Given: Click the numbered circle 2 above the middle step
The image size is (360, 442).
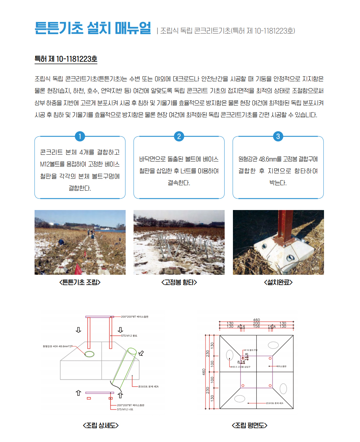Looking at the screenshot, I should [x=179, y=136].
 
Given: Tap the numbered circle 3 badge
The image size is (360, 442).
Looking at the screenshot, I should [x=278, y=136].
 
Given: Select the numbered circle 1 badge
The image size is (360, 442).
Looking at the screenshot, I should [x=80, y=136].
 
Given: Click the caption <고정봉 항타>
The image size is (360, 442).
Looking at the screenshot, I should [x=179, y=282].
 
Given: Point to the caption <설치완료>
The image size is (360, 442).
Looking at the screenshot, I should [x=278, y=282].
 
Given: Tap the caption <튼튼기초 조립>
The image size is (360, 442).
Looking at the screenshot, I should [x=80, y=282].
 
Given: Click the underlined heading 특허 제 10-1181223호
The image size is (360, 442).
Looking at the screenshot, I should [x=66, y=59].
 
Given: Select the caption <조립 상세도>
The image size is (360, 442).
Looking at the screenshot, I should [x=100, y=425].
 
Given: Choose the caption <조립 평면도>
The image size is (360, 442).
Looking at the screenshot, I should [x=249, y=425].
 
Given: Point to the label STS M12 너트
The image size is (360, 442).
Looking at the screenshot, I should [x=125, y=409].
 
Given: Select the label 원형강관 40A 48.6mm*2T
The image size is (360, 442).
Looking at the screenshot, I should [x=58, y=346].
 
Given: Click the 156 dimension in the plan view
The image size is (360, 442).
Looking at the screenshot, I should [x=256, y=327].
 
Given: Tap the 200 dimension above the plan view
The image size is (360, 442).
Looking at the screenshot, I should [x=256, y=323].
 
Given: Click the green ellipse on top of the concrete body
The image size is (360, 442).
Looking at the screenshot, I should [x=89, y=354].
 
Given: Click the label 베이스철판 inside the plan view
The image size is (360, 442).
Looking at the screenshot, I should [x=282, y=366].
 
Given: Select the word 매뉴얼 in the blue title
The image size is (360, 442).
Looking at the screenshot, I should [x=133, y=28].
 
